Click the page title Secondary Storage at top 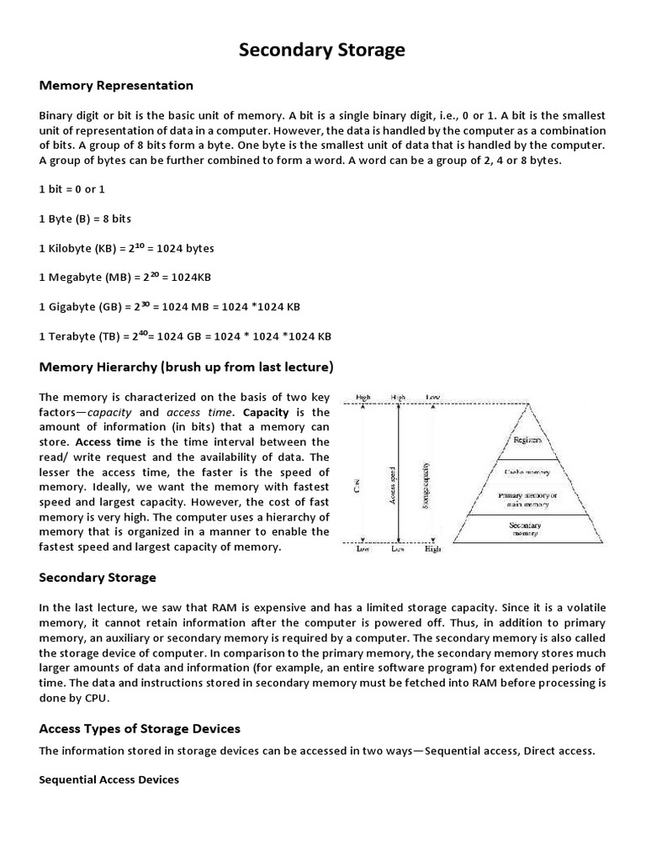point(322,50)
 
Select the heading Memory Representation point(117,86)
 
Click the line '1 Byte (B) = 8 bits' point(85,219)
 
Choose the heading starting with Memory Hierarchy point(187,367)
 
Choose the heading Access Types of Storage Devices point(140,728)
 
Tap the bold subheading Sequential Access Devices point(109,779)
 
